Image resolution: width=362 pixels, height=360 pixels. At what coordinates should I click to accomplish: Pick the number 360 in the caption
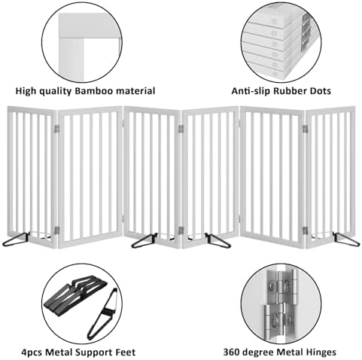tap(231, 352)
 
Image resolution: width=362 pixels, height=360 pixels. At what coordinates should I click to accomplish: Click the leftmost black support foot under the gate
tap(17, 239)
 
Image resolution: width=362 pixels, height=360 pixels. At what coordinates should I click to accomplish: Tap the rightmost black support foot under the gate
tap(346, 239)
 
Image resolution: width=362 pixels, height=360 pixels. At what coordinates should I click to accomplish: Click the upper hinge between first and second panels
tap(57, 129)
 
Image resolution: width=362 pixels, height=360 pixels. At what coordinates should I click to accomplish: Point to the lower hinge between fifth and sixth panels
tap(305, 230)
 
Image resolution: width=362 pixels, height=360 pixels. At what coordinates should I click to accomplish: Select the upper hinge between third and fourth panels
tap(181, 129)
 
